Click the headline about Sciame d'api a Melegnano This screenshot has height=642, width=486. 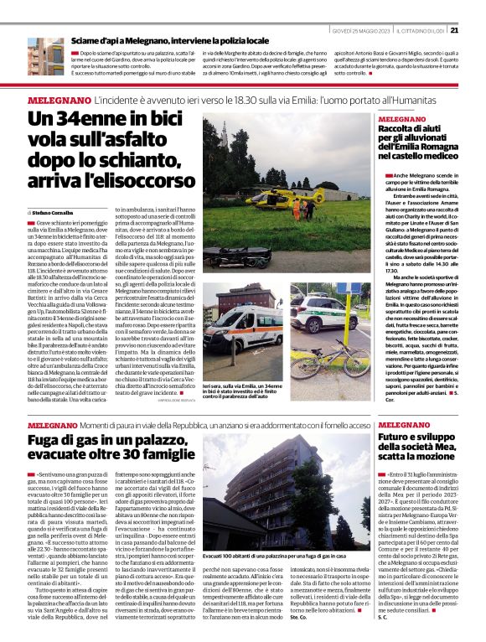click(x=170, y=40)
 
